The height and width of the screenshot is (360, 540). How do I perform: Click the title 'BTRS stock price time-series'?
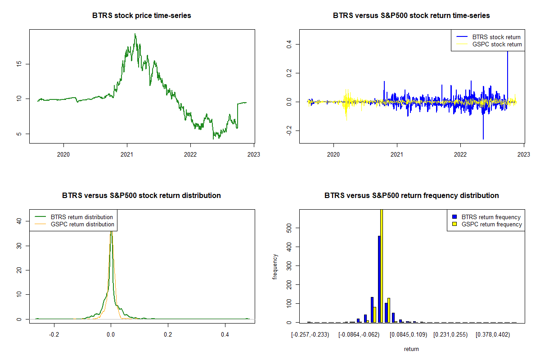[x=142, y=16]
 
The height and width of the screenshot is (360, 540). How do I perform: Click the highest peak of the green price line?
[x=135, y=34]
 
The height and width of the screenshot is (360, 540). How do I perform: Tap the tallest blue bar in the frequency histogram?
[x=379, y=279]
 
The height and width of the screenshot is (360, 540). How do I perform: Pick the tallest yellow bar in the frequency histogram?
[x=382, y=265]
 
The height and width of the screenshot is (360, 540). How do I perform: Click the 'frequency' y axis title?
[x=275, y=266]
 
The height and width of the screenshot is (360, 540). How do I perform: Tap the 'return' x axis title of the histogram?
[x=411, y=349]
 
